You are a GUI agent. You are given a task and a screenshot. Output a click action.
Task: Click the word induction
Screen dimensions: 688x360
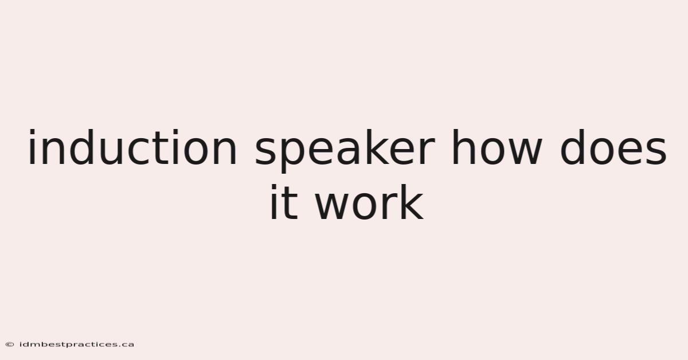[x=132, y=147]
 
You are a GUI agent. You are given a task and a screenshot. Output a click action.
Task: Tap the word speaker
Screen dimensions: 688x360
[x=345, y=151]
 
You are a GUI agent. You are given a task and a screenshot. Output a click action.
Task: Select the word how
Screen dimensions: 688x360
[x=497, y=147]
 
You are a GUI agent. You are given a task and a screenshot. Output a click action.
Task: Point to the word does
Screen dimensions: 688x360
[x=613, y=147]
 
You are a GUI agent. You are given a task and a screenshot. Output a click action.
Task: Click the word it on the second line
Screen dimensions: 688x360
[x=284, y=202]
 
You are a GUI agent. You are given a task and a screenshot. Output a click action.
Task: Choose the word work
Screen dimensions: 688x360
[x=369, y=202]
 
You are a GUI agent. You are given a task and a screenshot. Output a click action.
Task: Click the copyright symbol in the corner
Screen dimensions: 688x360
[x=10, y=345]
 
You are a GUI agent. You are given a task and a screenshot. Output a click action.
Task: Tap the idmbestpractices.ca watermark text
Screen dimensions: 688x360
[x=77, y=345]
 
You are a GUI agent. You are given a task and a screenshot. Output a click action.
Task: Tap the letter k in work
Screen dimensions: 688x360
[x=412, y=202]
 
